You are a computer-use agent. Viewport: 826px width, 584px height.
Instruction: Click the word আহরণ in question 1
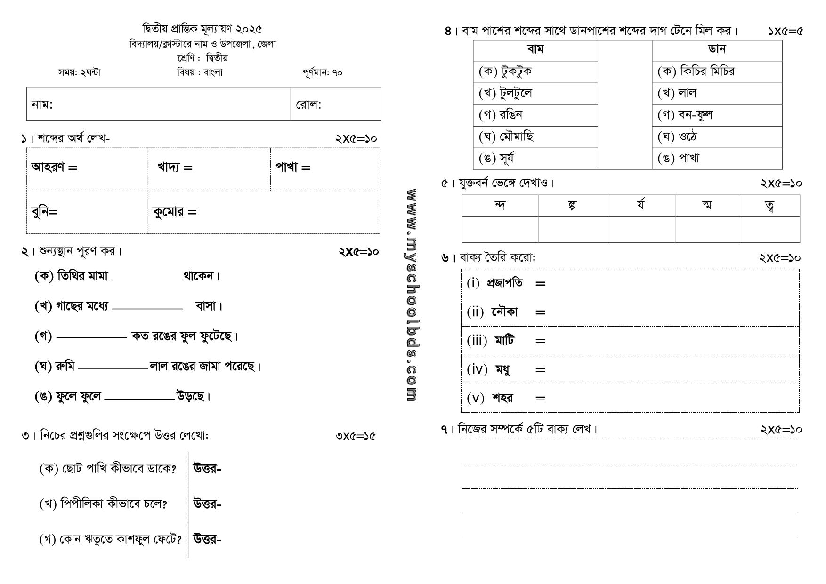click(x=48, y=167)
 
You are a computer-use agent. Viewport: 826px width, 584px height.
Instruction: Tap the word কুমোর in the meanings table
click(x=168, y=212)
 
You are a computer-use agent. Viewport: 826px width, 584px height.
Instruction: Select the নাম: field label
click(x=42, y=104)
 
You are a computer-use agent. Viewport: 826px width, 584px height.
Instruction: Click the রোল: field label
click(x=308, y=104)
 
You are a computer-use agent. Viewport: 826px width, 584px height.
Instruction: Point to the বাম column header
click(x=535, y=49)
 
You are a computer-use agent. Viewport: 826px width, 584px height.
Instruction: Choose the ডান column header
click(x=717, y=49)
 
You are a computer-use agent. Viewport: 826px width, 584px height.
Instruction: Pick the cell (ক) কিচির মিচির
click(x=696, y=72)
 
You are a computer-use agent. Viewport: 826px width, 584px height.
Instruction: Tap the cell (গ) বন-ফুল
click(x=685, y=115)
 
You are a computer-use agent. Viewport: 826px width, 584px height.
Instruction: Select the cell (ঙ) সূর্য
click(x=497, y=158)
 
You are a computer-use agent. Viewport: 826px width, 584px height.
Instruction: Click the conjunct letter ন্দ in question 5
click(x=500, y=206)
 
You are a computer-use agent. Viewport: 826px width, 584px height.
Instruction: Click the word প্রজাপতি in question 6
click(x=504, y=283)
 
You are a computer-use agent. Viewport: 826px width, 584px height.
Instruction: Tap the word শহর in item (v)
click(x=502, y=398)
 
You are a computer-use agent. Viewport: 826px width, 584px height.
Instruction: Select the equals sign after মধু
click(x=540, y=370)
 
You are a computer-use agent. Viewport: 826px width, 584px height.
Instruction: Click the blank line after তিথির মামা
click(x=147, y=279)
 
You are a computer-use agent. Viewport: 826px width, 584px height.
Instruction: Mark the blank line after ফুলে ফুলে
click(x=139, y=399)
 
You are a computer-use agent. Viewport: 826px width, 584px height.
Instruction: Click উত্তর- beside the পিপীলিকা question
click(x=207, y=504)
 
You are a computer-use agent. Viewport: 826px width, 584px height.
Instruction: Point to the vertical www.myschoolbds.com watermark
click(x=411, y=295)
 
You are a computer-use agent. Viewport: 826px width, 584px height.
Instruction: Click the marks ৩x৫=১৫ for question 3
click(x=356, y=436)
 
